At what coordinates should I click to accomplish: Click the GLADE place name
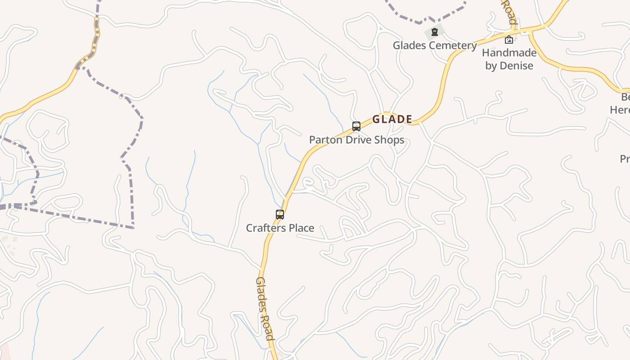(392, 119)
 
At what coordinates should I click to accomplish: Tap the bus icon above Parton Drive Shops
(356, 126)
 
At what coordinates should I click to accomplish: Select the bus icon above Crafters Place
(280, 215)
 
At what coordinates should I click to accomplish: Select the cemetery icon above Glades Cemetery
(434, 32)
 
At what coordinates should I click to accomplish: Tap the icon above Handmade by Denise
(508, 40)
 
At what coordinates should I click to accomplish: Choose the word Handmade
(509, 53)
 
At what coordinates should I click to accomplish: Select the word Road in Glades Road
(268, 327)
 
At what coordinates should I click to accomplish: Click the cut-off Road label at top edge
(510, 12)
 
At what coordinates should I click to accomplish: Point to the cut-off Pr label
(625, 159)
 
